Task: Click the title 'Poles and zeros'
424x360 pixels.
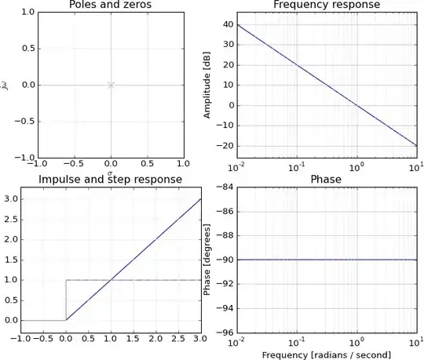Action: [x=111, y=5]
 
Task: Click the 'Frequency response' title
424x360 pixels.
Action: [x=326, y=5]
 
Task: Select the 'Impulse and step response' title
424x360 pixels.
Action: [x=111, y=180]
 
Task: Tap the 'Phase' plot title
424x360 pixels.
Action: [x=326, y=180]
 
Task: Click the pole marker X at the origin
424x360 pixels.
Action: [x=111, y=85]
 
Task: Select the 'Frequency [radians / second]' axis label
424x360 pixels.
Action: [x=326, y=355]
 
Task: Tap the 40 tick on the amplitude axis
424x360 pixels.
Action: [x=227, y=24]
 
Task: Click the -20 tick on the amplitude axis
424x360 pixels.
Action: [x=225, y=146]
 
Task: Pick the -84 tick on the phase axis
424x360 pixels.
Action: [x=225, y=186]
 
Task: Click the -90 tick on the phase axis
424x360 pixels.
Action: [x=225, y=259]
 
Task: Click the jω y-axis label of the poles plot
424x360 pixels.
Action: [x=6, y=85]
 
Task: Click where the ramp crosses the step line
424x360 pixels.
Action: [x=111, y=280]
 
